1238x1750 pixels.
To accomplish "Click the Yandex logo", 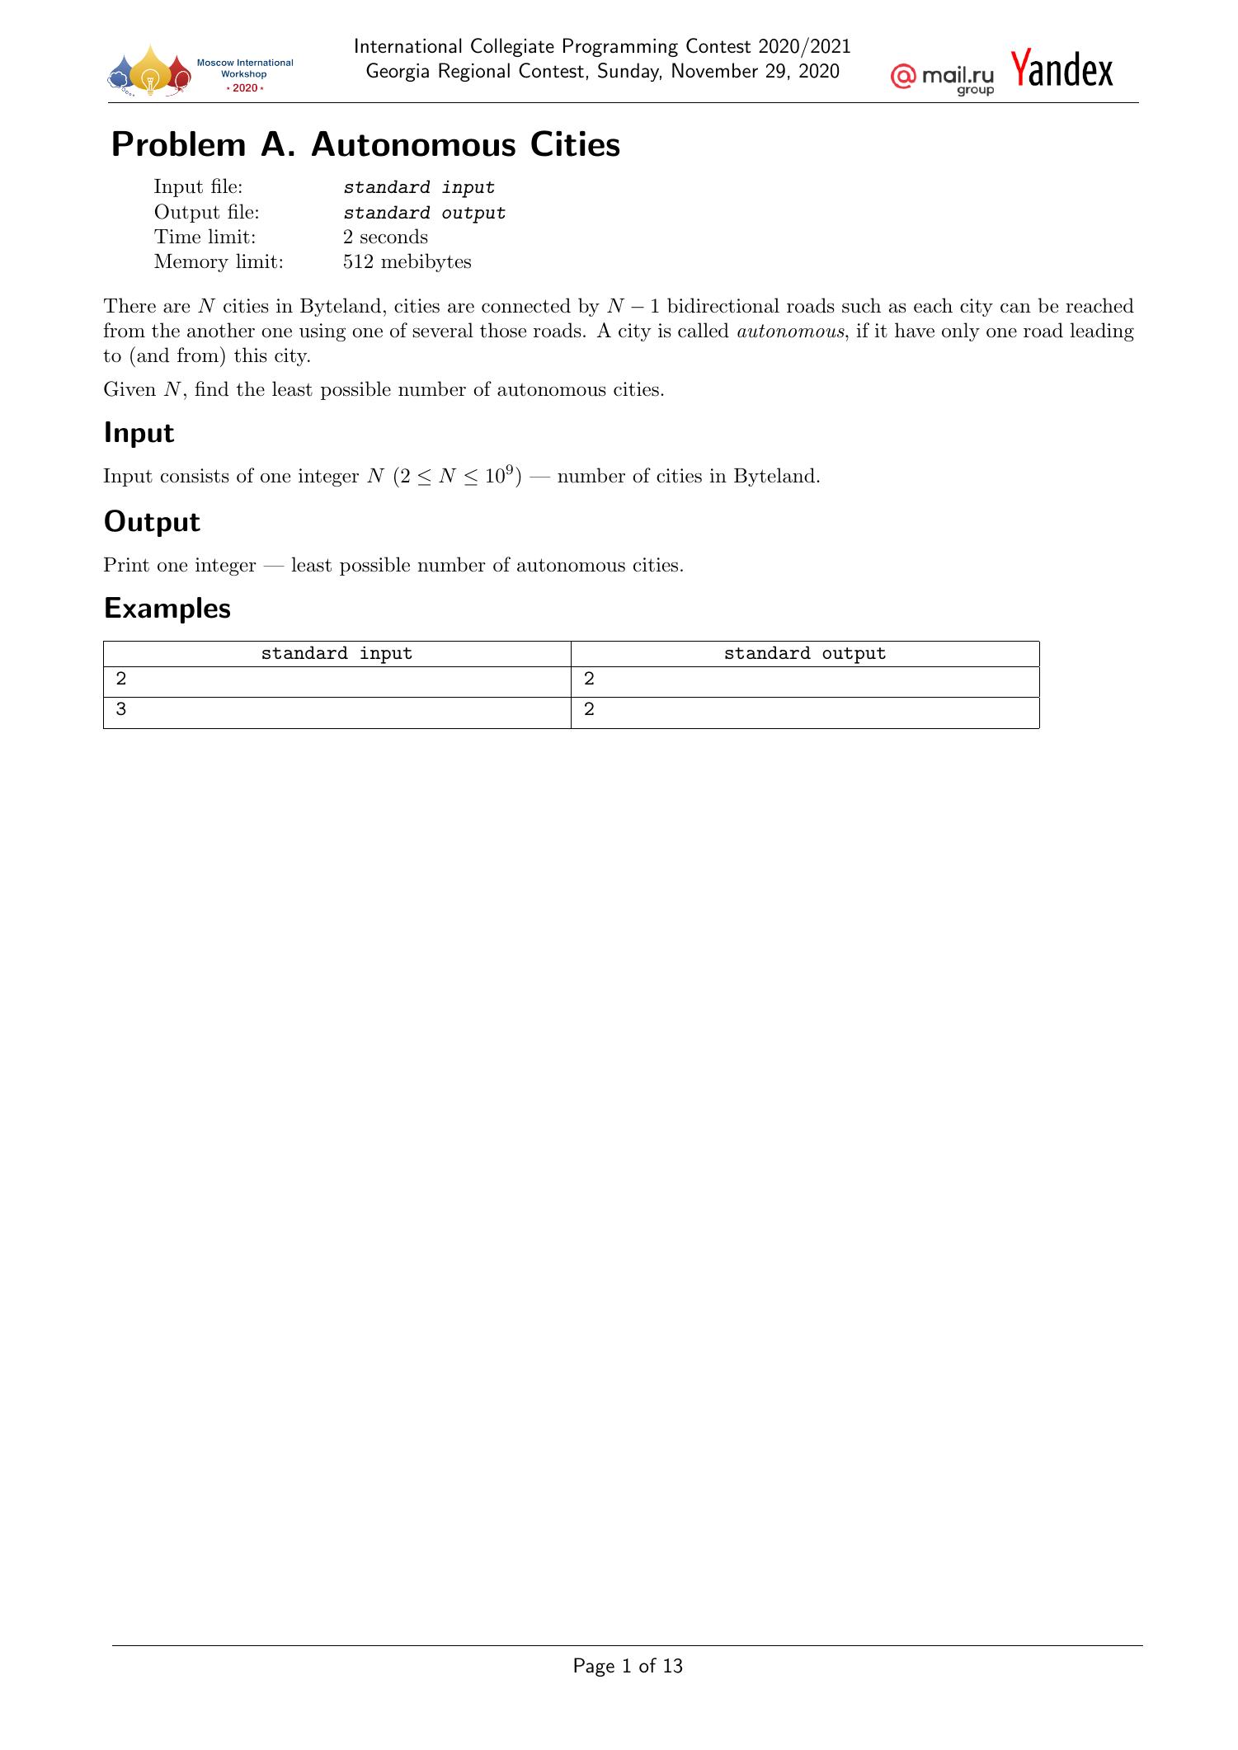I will (1062, 69).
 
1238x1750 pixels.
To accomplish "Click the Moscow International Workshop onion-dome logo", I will (149, 73).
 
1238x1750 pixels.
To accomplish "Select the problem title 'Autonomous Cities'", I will (465, 144).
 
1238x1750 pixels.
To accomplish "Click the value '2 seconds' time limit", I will (385, 238).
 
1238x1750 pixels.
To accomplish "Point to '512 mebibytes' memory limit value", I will (407, 262).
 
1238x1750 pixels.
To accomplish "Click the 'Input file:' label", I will (198, 187).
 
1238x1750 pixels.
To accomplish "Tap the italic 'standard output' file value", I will (424, 213).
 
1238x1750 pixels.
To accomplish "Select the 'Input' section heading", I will (139, 433).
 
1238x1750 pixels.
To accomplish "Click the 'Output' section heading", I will (152, 522).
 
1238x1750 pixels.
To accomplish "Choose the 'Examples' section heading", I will (167, 609).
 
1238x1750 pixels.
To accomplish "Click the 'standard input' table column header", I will (337, 654).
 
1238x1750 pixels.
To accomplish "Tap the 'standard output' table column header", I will (804, 654).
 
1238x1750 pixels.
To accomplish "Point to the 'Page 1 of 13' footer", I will (628, 1666).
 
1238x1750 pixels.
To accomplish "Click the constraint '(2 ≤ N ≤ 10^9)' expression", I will (455, 476).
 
